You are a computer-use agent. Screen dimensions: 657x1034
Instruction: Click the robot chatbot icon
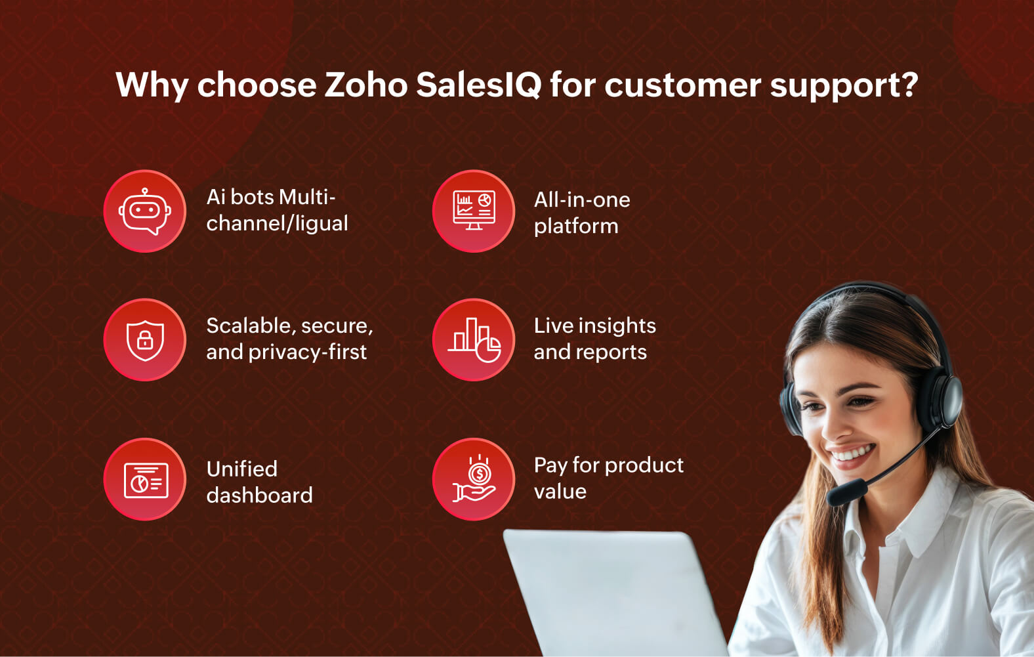tap(145, 211)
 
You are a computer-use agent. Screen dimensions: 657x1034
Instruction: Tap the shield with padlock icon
tap(145, 339)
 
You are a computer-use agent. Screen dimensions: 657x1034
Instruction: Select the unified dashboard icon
tap(145, 480)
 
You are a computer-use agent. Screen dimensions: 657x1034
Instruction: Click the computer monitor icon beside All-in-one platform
tap(474, 211)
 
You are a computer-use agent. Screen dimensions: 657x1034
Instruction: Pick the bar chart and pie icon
tap(474, 339)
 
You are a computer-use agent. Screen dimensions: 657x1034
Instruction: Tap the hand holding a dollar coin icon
tap(474, 480)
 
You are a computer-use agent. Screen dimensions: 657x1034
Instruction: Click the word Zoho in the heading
tap(365, 85)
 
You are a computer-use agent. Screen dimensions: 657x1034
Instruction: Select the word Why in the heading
tap(152, 85)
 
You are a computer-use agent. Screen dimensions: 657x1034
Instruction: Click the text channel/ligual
tap(277, 224)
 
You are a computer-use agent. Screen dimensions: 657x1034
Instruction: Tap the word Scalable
tap(249, 326)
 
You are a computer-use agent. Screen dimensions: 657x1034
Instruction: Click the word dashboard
tap(259, 495)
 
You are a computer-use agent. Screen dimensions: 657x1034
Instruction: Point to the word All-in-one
tap(582, 200)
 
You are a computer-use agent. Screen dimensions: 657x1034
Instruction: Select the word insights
tap(617, 326)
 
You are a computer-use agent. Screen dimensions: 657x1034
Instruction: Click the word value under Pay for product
tap(560, 492)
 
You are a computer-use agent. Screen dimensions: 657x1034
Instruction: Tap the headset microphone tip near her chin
tap(846, 492)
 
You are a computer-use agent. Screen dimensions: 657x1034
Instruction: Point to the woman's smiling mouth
tap(850, 454)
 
